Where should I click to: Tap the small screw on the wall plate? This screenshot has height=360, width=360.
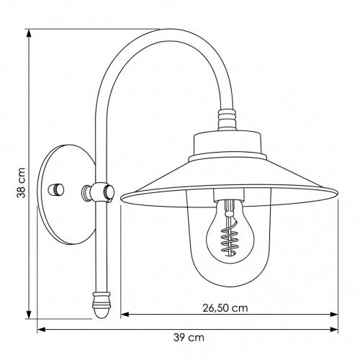[55, 189]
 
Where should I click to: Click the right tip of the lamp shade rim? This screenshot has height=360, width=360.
[336, 193]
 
